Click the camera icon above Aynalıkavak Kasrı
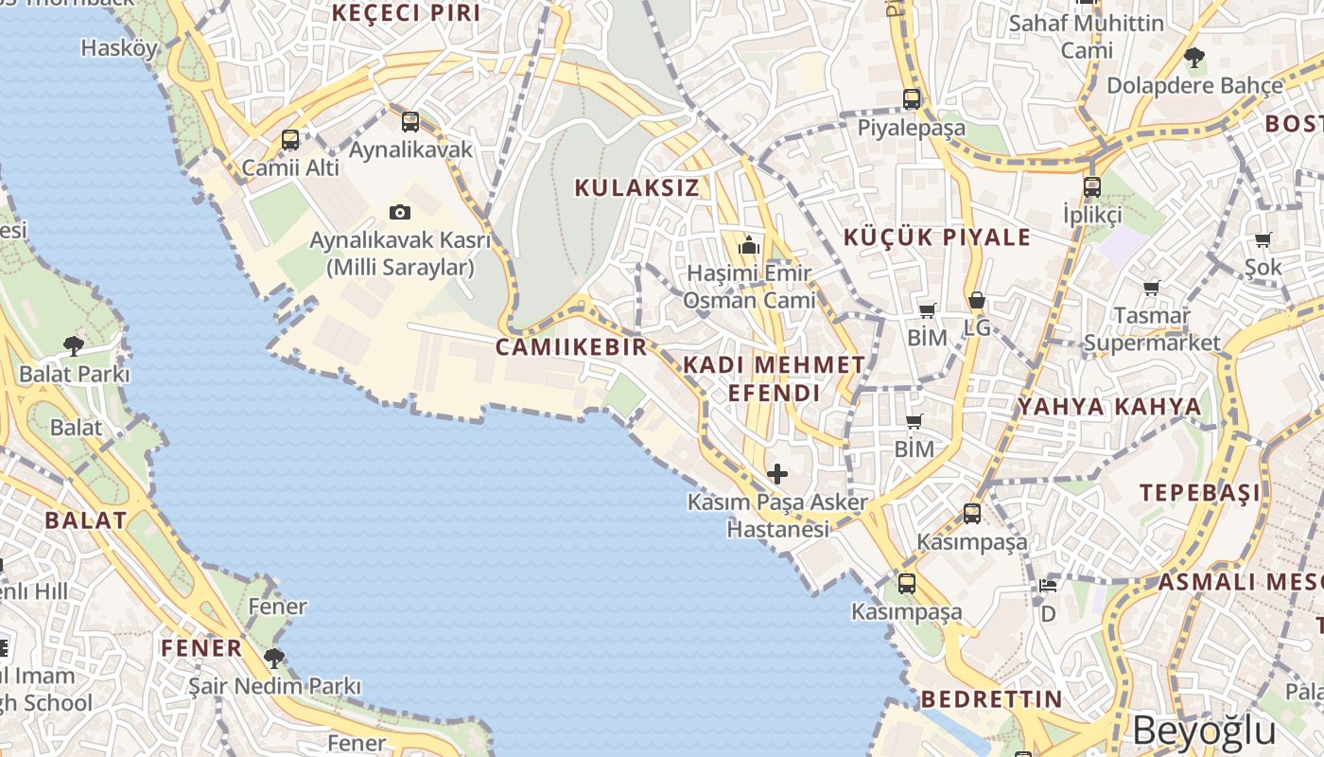pos(400,212)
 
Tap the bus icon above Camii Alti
pos(290,140)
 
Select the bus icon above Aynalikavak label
pos(409,121)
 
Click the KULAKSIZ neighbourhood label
pos(637,187)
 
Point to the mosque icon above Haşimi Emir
pos(749,246)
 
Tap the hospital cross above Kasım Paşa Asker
pos(777,473)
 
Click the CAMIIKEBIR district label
pos(571,347)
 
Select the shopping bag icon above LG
pos(976,301)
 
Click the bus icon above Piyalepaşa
pos(912,98)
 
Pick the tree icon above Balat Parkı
pos(73,345)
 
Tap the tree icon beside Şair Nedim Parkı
pos(274,657)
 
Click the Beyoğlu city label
pos(1204,731)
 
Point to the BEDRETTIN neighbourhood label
pos(991,699)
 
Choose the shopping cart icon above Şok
pos(1263,239)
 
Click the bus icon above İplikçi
pos(1092,186)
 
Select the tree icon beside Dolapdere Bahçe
pos(1193,57)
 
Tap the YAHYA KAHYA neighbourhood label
pos(1108,407)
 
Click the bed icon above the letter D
pos(1048,585)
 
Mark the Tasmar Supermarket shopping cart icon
pos(1151,287)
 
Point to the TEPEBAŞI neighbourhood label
pos(1199,493)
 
